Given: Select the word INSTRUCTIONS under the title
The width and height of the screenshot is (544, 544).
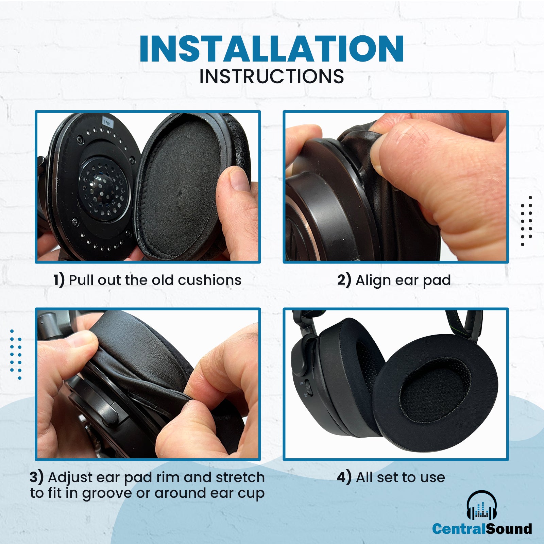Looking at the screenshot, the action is [272, 76].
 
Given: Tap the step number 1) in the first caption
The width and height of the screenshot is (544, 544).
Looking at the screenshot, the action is [59, 280].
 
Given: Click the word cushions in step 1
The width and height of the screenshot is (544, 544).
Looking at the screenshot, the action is [209, 280].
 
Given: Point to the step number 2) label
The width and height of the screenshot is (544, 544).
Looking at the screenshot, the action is [344, 280].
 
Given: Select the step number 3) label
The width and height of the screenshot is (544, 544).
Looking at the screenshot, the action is [36, 477].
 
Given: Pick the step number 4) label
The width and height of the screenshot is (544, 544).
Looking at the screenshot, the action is [344, 477].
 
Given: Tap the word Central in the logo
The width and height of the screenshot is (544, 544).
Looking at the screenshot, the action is [459, 529].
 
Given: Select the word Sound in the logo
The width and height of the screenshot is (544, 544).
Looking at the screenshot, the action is [509, 529].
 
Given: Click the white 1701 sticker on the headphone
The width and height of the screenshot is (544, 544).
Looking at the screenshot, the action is [107, 122].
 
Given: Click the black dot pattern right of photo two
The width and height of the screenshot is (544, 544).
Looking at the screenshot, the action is [526, 221].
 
